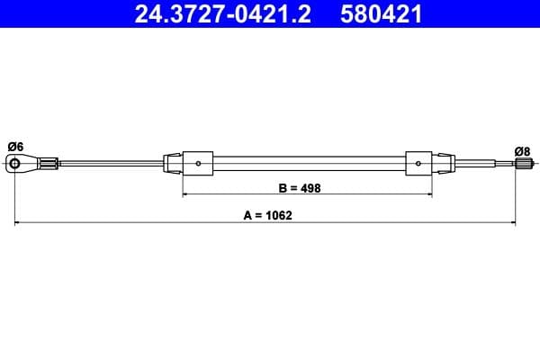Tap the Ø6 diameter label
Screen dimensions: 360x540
coord(15,146)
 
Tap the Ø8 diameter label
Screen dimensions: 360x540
coord(522,150)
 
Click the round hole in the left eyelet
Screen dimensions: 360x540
coord(16,163)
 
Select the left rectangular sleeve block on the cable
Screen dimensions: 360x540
coord(198,163)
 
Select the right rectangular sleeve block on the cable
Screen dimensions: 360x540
coord(421,163)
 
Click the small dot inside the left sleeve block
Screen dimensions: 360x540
coord(198,163)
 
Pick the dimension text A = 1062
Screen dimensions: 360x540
coord(268,215)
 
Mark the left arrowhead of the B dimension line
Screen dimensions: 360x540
coord(186,193)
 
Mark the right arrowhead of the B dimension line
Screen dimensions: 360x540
coord(432,193)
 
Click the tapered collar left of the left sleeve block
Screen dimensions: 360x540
coord(172,163)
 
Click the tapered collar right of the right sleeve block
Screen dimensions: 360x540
coord(446,163)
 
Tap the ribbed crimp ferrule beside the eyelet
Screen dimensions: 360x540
coord(50,163)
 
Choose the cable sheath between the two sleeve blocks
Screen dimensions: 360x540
coord(310,163)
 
